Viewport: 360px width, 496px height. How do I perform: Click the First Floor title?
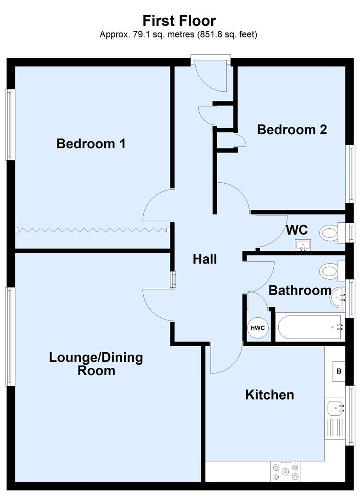click(x=179, y=21)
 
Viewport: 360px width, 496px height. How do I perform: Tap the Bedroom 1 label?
click(x=91, y=144)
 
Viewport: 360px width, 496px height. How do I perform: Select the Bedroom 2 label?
click(x=292, y=130)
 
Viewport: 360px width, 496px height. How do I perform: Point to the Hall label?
click(x=204, y=259)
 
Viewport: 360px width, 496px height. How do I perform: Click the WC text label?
click(x=297, y=230)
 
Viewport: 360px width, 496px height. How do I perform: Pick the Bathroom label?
click(x=299, y=290)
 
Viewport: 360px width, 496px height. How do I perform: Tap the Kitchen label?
click(x=270, y=395)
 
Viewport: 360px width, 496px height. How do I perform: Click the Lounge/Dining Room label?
click(x=96, y=364)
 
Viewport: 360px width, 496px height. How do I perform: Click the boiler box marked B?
click(x=339, y=371)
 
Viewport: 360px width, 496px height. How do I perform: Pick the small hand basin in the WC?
click(x=303, y=245)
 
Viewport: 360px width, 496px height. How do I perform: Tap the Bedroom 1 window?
click(x=9, y=124)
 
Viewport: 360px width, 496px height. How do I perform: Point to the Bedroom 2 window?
click(x=351, y=174)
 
